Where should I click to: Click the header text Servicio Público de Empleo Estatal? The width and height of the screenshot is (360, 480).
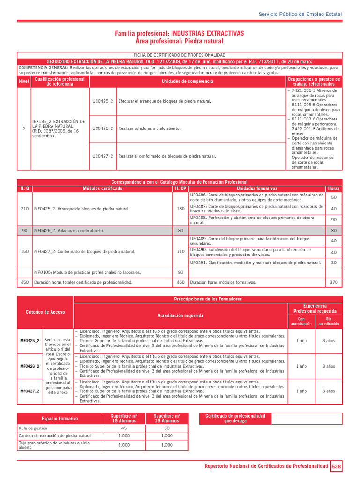coord(300,15)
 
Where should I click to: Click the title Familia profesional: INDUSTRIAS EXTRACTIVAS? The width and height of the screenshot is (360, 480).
coord(180,34)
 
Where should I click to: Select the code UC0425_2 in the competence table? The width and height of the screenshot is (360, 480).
coord(103,101)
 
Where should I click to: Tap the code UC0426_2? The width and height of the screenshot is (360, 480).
coord(103,128)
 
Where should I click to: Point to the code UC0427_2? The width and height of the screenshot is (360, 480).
coord(103,156)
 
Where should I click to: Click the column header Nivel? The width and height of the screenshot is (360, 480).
coord(23,82)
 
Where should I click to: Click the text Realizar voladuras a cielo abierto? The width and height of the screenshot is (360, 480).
coord(149,128)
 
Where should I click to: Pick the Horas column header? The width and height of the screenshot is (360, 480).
coord(334,188)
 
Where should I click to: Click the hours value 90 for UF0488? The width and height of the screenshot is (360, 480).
coord(334,220)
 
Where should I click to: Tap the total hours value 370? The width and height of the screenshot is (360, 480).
coord(334,282)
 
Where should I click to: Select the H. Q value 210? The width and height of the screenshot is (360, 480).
coord(25,209)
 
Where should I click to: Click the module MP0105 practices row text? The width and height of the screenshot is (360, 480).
coord(87,272)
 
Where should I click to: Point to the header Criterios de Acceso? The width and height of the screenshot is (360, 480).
coord(45,312)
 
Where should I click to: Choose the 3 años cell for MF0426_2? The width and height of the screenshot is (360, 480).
coord(329,366)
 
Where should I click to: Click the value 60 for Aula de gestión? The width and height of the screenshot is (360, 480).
coord(167,428)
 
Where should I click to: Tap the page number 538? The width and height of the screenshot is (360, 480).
coord(337,467)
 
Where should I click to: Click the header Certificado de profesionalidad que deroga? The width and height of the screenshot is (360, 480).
coord(235,418)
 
